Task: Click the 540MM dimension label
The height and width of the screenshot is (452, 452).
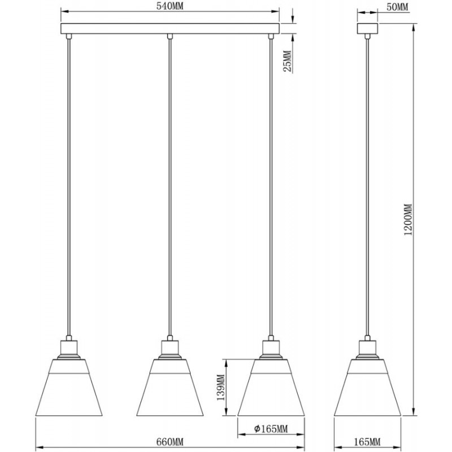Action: click(x=169, y=6)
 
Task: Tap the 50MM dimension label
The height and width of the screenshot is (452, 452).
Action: click(x=397, y=7)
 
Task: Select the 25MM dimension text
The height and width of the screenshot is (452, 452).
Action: click(x=287, y=62)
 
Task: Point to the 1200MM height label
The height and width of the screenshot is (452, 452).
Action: click(x=408, y=219)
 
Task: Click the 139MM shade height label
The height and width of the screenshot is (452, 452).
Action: click(x=220, y=388)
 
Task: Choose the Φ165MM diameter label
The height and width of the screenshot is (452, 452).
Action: click(x=271, y=429)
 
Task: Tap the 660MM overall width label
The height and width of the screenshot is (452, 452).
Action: click(x=170, y=441)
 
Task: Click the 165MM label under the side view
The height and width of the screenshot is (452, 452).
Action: click(x=367, y=441)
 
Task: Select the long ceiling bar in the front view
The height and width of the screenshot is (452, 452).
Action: click(x=170, y=29)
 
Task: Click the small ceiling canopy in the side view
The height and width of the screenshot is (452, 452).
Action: click(x=367, y=29)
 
